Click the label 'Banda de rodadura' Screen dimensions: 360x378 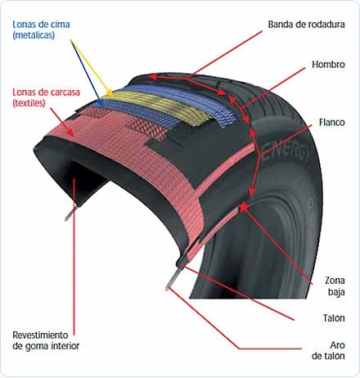[306, 25]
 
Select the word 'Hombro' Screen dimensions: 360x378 [328, 65]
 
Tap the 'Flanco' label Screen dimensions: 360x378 [332, 122]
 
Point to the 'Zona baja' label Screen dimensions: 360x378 [335, 286]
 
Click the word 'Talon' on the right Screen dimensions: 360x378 [334, 318]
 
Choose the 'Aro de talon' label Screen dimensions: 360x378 [328, 350]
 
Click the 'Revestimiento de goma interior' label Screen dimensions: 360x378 [46, 340]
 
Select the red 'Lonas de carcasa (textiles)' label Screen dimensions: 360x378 [46, 97]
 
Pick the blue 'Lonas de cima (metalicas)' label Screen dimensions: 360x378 [41, 29]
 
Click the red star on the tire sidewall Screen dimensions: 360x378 [244, 207]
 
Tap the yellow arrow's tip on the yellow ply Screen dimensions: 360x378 [111, 95]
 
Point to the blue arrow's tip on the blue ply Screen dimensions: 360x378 [101, 105]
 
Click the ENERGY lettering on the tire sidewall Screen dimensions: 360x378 [286, 152]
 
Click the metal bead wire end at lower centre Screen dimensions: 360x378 [172, 281]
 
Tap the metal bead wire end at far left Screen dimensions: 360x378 [70, 214]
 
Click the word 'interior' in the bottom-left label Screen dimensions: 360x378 [64, 346]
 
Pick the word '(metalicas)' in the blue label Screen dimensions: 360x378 [34, 35]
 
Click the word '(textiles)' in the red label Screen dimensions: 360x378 [29, 103]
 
